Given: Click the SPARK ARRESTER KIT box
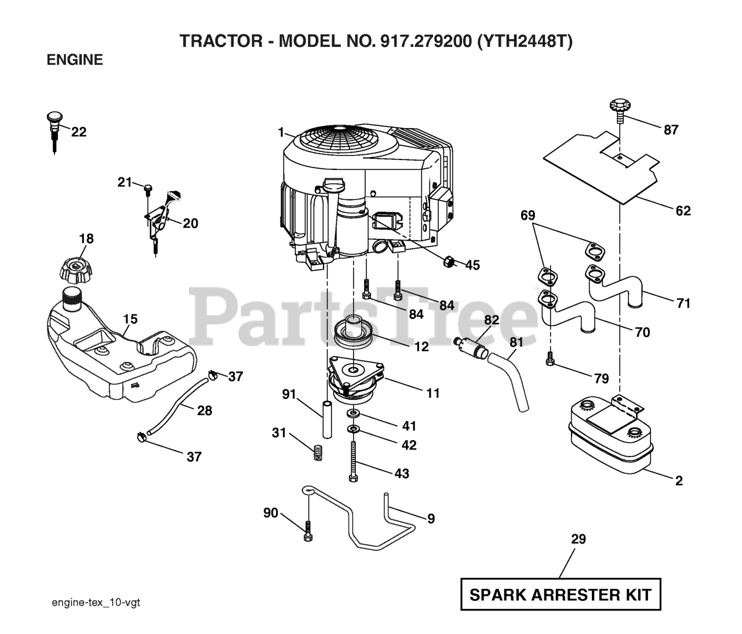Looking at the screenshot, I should tap(561, 594).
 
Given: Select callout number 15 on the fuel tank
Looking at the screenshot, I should tap(130, 319).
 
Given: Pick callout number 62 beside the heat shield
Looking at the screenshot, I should tap(683, 211).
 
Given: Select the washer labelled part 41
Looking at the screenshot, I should tap(353, 414).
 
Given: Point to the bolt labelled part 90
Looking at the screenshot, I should tap(308, 531).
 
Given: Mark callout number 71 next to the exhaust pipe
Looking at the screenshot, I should tap(683, 302).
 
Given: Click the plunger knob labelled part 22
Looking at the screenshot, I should tap(54, 125).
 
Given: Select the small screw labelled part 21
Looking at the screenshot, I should tap(147, 188).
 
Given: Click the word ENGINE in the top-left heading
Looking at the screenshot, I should tap(75, 60).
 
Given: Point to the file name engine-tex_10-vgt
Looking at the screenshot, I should tap(96, 603).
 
